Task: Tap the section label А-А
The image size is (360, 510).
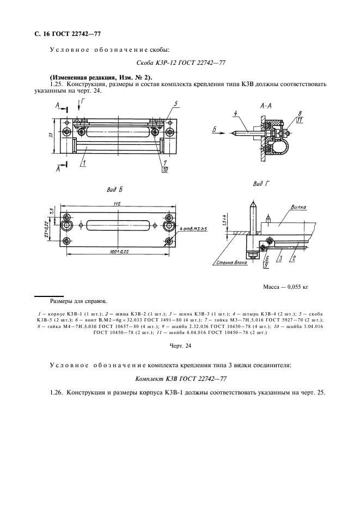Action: [267, 106]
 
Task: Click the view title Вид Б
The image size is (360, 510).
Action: [116, 189]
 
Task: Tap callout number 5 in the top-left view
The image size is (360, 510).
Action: [175, 104]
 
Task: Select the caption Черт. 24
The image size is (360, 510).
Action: [180, 345]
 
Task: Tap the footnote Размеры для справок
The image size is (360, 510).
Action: [78, 301]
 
